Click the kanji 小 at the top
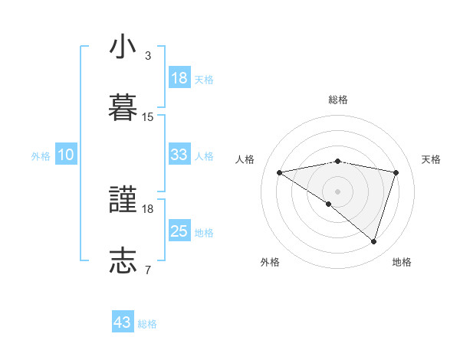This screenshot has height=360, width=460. click(123, 47)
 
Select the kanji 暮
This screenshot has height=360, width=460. click(123, 108)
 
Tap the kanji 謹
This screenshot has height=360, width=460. click(123, 201)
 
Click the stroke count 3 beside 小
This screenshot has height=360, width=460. click(148, 56)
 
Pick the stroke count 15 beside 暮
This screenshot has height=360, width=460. click(148, 117)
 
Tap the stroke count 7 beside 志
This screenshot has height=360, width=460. click(148, 270)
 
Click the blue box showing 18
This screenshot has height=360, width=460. click(179, 78)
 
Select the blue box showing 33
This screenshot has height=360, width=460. click(179, 155)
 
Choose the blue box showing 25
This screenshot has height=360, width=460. click(179, 231)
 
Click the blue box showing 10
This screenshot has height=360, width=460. click(66, 155)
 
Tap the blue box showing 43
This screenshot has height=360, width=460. click(123, 322)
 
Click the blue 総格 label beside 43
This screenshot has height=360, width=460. click(147, 324)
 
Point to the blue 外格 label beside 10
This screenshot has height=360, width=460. click(41, 156)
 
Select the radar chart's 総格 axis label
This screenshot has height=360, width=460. click(338, 100)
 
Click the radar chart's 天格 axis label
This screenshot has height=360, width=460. click(432, 159)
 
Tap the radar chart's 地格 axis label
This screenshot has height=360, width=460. click(402, 262)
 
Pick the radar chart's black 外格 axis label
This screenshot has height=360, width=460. click(270, 262)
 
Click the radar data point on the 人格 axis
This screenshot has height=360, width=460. click(280, 172)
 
